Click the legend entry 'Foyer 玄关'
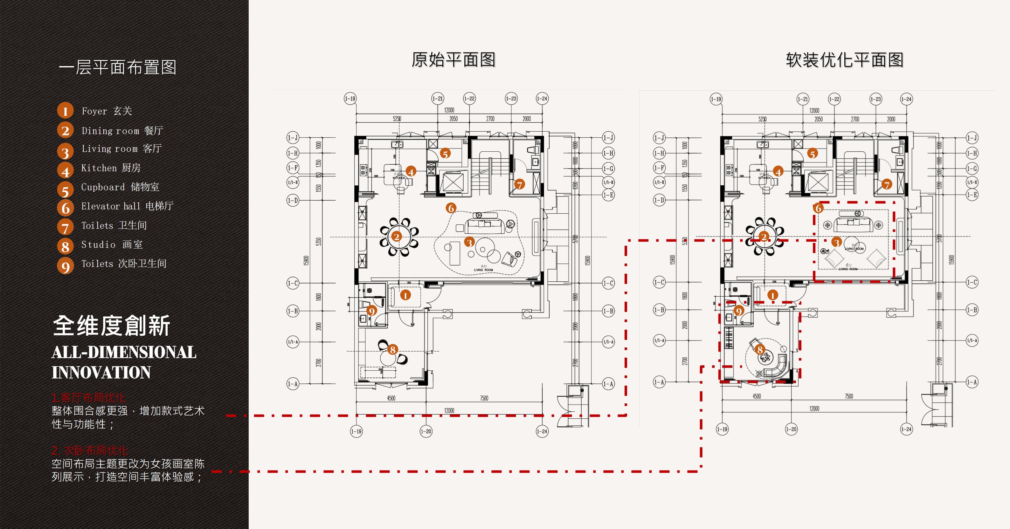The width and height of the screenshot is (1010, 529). (x=106, y=111)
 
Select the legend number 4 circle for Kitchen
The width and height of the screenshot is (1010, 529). (x=66, y=171)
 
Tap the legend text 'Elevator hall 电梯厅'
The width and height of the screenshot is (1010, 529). (x=127, y=206)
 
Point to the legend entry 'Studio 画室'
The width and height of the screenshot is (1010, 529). (x=112, y=244)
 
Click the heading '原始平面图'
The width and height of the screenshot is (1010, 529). (x=453, y=60)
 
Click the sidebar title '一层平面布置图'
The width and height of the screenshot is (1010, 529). (x=118, y=67)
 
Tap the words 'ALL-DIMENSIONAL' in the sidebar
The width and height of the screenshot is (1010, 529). (x=124, y=352)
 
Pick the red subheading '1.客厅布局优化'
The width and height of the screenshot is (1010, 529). (x=89, y=398)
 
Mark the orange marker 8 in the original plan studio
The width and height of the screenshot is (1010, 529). (x=392, y=349)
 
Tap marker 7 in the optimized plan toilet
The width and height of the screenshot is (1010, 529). (x=887, y=184)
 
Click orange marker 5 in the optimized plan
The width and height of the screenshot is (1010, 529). (x=813, y=154)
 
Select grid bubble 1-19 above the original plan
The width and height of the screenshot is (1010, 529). (x=350, y=99)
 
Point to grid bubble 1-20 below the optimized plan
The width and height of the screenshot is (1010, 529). (x=791, y=429)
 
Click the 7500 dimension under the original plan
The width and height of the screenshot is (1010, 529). (x=484, y=398)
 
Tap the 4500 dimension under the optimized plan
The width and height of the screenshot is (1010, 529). (x=757, y=396)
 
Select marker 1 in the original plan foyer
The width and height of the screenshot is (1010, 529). (x=405, y=295)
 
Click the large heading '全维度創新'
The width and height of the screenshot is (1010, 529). (x=111, y=326)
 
